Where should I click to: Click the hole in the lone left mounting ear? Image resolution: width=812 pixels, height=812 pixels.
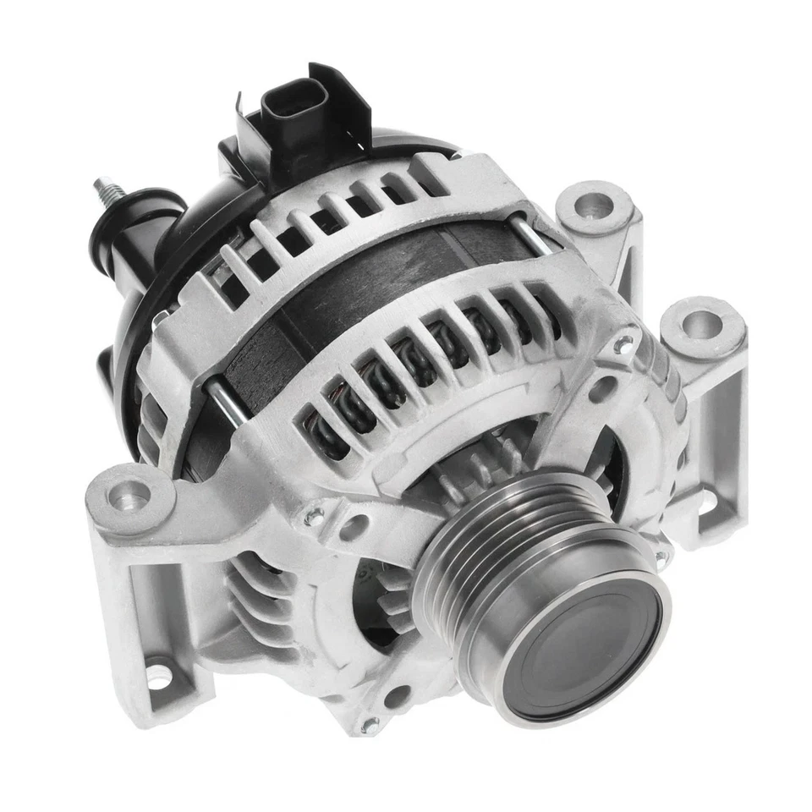(x=129, y=491)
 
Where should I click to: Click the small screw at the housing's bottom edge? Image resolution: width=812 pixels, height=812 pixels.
(x=369, y=724)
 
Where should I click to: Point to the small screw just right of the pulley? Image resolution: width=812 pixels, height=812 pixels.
(x=661, y=558)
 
